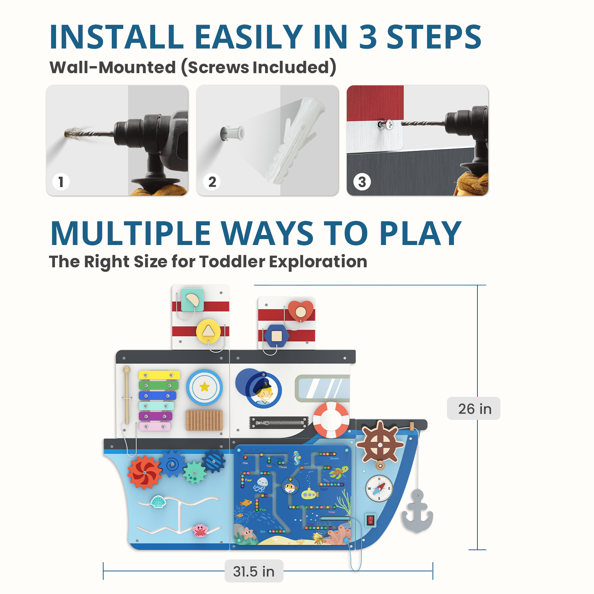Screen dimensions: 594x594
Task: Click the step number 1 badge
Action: tap(61, 182)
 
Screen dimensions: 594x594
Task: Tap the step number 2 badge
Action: tap(212, 182)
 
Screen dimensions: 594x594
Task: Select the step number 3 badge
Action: tap(362, 182)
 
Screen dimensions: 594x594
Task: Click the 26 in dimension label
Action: tap(474, 408)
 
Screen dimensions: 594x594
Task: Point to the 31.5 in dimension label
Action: tap(254, 571)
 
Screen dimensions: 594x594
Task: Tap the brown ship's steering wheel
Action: tap(380, 444)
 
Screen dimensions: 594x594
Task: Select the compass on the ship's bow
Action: tap(379, 489)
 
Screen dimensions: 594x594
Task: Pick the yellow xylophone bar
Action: tap(159, 375)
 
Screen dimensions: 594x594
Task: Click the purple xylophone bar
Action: tap(156, 416)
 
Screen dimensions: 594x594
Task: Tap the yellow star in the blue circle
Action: tap(205, 387)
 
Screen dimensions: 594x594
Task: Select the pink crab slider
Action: tap(200, 530)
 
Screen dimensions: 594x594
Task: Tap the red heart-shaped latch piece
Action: tap(301, 311)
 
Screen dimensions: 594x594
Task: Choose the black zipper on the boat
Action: tap(279, 422)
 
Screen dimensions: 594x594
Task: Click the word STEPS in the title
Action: tap(434, 37)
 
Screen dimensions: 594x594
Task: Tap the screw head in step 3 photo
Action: tap(389, 125)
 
